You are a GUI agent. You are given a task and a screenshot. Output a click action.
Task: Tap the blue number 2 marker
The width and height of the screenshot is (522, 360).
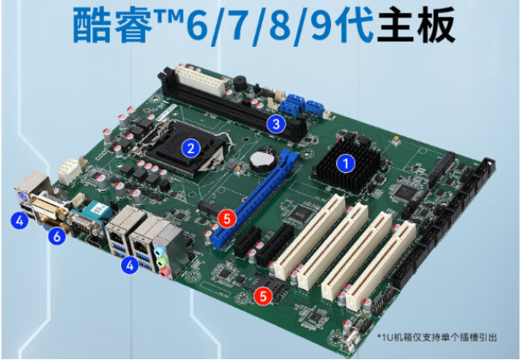191,148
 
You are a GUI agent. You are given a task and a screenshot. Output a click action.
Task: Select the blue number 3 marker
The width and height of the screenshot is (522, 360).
277,124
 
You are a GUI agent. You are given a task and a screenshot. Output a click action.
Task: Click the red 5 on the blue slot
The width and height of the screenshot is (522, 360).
227,218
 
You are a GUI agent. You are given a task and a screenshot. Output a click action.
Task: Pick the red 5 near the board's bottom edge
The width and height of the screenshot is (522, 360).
263,294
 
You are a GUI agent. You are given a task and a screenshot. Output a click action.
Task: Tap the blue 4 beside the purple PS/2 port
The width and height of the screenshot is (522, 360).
17,220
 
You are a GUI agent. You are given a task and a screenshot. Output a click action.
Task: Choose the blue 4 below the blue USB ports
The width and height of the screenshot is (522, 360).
128,265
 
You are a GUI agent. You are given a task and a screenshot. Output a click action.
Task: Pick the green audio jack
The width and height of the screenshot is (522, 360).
166,264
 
